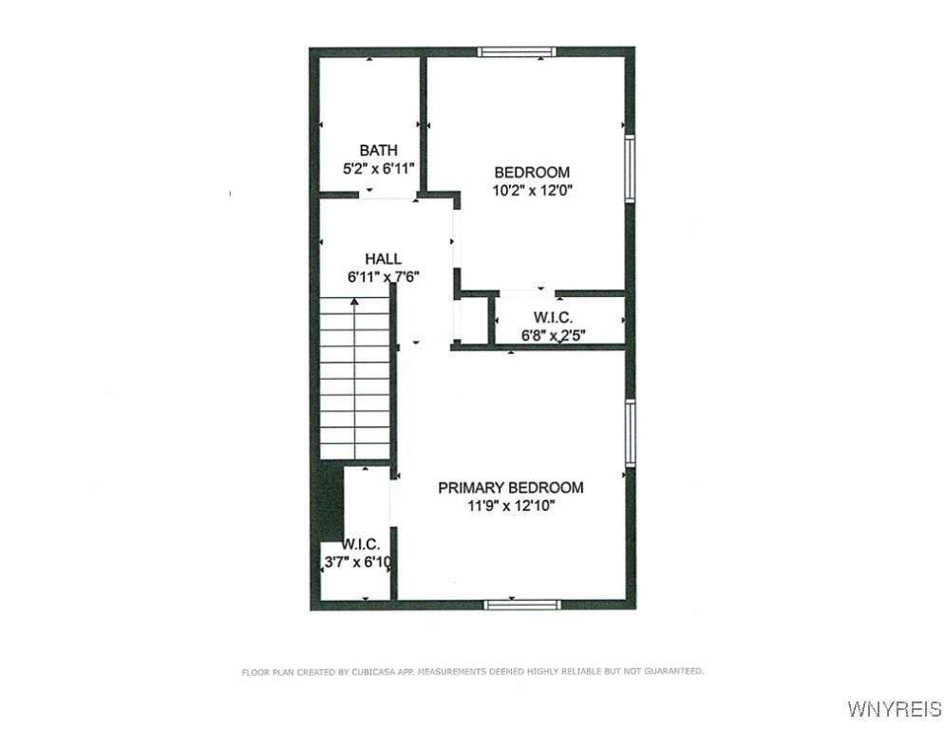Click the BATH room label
click(378, 150)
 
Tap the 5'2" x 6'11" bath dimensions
click(378, 168)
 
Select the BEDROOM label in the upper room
click(532, 172)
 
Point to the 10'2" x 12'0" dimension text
click(532, 190)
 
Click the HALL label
click(383, 258)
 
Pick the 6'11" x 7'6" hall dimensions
click(383, 277)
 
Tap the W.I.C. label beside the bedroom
click(553, 317)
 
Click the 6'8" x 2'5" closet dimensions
click(553, 335)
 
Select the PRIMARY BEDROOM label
click(510, 488)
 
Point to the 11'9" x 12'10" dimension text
click(510, 506)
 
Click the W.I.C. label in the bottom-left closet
click(361, 544)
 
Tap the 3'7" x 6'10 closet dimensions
click(358, 562)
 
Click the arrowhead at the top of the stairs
click(355, 302)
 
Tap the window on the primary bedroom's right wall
click(629, 433)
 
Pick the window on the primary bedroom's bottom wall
click(520, 604)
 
